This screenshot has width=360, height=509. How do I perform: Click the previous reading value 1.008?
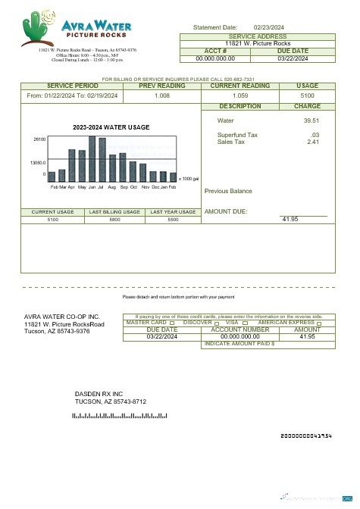click(x=161, y=96)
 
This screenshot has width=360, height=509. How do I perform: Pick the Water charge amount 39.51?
click(x=311, y=120)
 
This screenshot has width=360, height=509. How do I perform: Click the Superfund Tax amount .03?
click(x=315, y=135)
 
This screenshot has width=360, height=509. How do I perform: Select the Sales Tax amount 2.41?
click(x=312, y=142)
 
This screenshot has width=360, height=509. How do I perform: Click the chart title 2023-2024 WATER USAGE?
click(x=111, y=126)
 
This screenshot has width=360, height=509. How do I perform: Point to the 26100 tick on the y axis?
click(x=39, y=139)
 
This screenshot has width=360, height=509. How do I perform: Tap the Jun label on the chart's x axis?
click(x=92, y=186)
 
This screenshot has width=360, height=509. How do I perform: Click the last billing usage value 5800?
click(x=114, y=219)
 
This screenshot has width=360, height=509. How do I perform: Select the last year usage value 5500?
click(x=173, y=219)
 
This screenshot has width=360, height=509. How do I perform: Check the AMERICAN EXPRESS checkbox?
click(x=318, y=323)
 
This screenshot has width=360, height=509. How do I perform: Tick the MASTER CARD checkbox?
click(x=173, y=323)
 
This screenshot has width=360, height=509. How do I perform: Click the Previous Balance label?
click(x=228, y=191)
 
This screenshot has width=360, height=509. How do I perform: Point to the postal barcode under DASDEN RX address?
click(x=119, y=416)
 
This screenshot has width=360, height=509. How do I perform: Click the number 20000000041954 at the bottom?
click(x=306, y=436)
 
